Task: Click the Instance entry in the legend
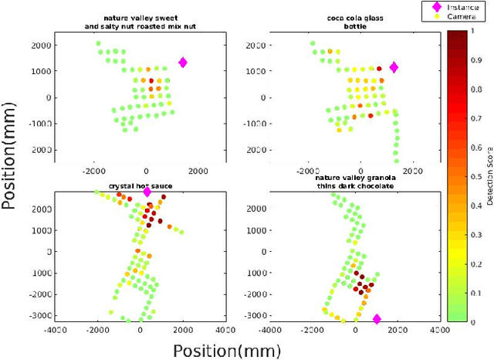coord(463,6)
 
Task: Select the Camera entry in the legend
coord(463,15)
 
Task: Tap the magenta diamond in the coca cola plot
coord(394,68)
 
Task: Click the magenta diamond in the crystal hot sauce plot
coord(147,192)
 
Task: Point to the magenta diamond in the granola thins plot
coord(377,318)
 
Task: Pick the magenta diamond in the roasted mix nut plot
coord(183,63)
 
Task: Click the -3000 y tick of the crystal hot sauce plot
coord(48,315)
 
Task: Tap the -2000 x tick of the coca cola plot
coord(306,170)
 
